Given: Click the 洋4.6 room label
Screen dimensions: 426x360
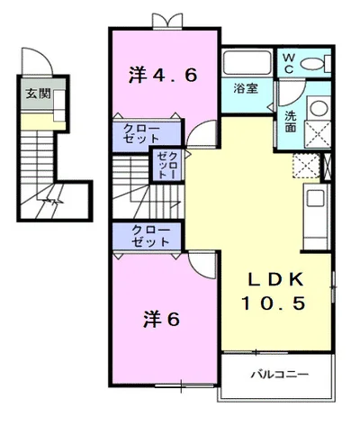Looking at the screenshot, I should click(163, 76).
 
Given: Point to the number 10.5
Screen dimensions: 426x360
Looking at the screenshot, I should click(276, 304).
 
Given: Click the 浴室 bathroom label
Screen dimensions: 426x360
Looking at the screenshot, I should click(247, 89).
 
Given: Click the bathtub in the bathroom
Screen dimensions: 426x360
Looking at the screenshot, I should click(247, 64).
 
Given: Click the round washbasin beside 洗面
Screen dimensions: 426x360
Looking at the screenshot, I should click(319, 109).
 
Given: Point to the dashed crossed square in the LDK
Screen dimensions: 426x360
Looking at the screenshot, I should click(306, 168).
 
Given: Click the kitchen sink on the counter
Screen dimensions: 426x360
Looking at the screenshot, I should click(317, 201).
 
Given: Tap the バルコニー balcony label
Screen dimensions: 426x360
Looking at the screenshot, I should click(280, 373).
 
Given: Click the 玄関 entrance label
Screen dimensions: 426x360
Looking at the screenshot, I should click(37, 93).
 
